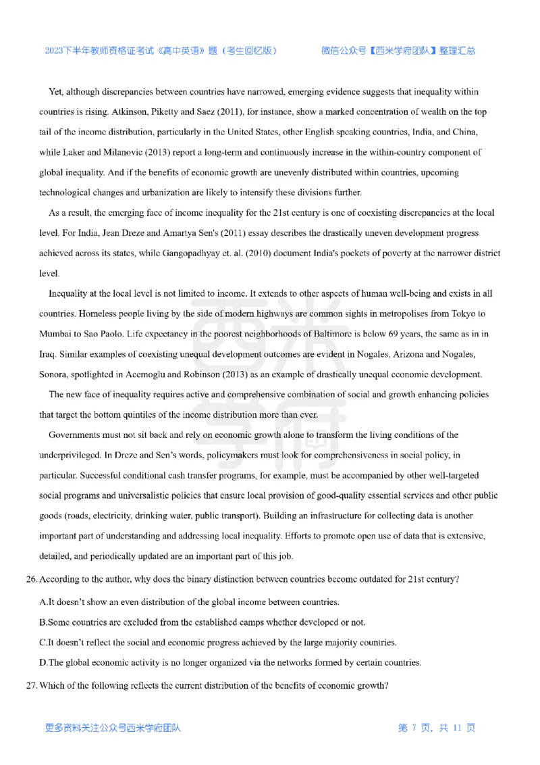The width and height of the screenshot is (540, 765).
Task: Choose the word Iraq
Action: [49, 355]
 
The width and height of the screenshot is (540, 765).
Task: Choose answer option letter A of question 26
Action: [43, 601]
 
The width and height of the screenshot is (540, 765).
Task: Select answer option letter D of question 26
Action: [43, 664]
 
